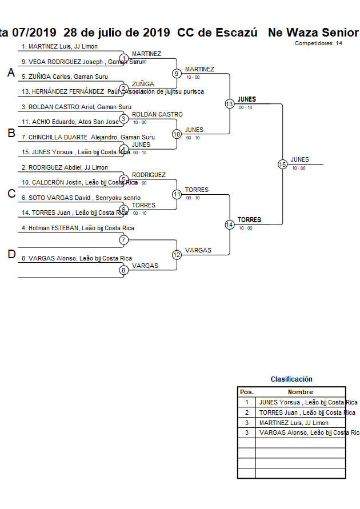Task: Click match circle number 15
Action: point(282,165)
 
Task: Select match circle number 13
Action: point(230,104)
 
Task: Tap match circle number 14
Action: point(230,225)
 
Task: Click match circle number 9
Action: point(177,74)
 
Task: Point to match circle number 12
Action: point(177,255)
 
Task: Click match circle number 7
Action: point(123,239)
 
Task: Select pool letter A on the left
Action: point(11,73)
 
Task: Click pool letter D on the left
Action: point(11,255)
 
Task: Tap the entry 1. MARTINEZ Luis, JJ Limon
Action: point(59,46)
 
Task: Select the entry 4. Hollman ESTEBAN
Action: point(78,228)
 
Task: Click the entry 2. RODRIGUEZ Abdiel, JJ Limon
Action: point(65,167)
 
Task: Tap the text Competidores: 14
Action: point(319,43)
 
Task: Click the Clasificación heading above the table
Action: point(291,379)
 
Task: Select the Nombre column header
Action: point(300,392)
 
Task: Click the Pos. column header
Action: point(246,392)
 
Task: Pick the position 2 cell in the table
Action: point(246,412)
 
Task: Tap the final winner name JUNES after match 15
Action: point(299,160)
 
